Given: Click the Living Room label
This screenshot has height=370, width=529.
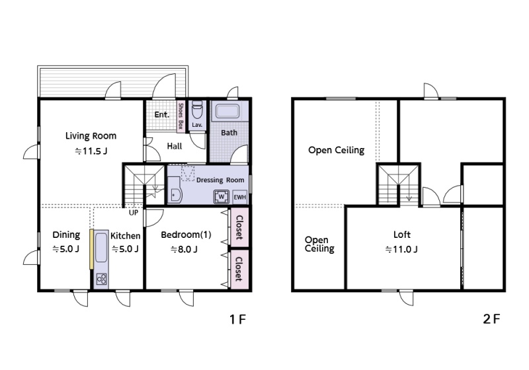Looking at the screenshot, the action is coord(91,136).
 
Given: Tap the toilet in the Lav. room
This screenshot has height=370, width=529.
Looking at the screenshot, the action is coord(196,109).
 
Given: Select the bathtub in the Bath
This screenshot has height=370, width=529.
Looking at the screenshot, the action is coord(227,112).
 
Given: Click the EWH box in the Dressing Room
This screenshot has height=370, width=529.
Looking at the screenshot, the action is coord(239,197).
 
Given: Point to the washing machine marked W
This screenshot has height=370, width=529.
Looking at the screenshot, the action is coord(222,197).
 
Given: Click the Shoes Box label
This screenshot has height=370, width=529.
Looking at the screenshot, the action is coord(181,116).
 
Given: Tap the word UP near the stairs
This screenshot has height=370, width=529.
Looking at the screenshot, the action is coord(134,213).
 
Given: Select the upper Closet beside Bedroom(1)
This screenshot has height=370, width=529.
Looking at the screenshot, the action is coord(239,227).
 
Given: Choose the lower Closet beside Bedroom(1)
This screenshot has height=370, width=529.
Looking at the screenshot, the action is coord(239,270).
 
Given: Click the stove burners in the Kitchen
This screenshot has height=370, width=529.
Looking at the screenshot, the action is coord(102,279).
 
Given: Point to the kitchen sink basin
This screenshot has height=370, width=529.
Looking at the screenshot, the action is coord(101,248).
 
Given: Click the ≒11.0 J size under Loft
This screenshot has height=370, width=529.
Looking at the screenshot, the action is coord(401,249).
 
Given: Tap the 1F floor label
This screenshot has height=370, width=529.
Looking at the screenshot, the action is coord(237,318).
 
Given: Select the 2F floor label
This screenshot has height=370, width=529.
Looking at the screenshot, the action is coord(491,318).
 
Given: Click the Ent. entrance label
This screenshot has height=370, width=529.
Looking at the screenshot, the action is coord(161,114).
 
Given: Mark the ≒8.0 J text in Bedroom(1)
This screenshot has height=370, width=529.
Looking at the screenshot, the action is coord(184,249).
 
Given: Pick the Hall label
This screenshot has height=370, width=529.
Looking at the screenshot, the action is coord(175,146).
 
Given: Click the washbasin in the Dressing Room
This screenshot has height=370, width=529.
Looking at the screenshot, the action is coord(174,190).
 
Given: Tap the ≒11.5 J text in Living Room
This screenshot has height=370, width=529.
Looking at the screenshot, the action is coord(91,151).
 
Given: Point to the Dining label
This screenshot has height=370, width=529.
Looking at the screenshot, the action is coord(67,235).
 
